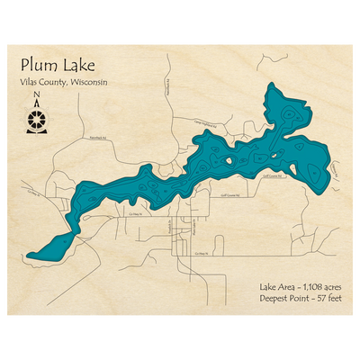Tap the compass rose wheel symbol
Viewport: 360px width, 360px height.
(35, 119)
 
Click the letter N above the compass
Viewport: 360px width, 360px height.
(35, 95)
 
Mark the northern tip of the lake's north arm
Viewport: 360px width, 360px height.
(272, 86)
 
